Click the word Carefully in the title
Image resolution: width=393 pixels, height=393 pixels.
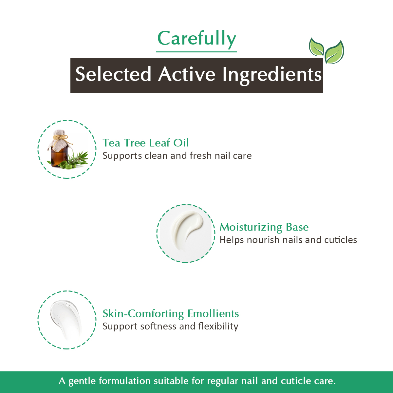tap(196, 39)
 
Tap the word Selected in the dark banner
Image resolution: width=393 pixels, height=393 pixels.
tap(113, 74)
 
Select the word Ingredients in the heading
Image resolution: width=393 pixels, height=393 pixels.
tap(272, 75)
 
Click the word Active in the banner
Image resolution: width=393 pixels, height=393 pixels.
tap(187, 74)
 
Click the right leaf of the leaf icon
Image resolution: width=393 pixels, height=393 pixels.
tap(334, 53)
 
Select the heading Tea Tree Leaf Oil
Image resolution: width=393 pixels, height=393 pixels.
tap(146, 143)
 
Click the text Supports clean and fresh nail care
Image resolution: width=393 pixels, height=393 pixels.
tap(177, 156)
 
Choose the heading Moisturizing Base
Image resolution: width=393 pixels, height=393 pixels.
tap(264, 227)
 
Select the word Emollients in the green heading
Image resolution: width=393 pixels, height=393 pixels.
tap(213, 314)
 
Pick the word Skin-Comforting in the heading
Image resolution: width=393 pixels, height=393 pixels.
tap(143, 314)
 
